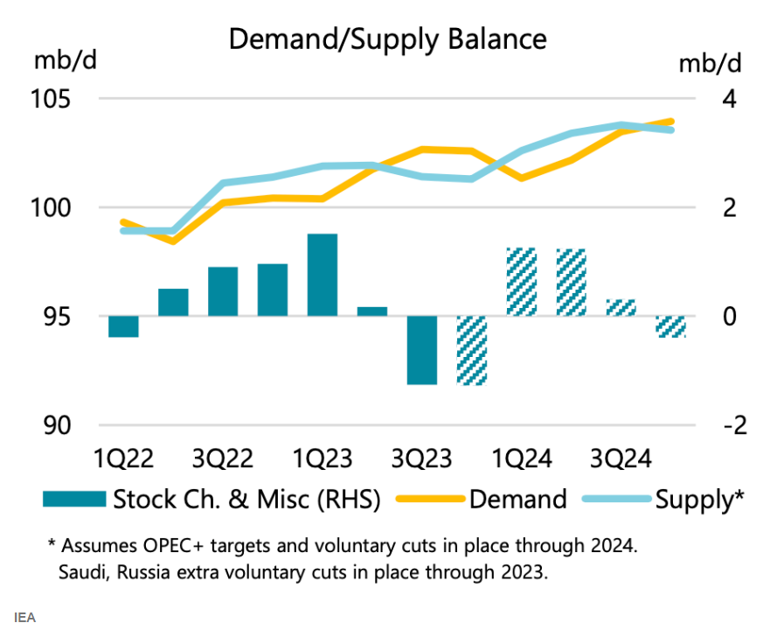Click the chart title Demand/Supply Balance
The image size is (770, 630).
coord(387,39)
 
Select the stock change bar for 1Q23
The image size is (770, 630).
coord(323,275)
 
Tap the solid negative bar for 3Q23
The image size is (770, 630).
coord(422,350)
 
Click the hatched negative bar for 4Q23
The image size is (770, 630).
coord(472,350)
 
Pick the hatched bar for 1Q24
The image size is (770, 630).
coord(521,282)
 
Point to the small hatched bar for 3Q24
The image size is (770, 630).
coord(621,307)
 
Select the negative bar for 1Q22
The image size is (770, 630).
coord(124,326)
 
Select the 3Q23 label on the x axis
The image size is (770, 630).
coord(422,459)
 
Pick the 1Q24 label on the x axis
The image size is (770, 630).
coord(521,459)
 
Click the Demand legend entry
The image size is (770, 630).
coord(518,499)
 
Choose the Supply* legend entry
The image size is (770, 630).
coord(699,499)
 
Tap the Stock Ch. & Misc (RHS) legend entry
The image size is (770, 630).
coord(246,499)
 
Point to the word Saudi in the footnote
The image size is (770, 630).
coord(80,575)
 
